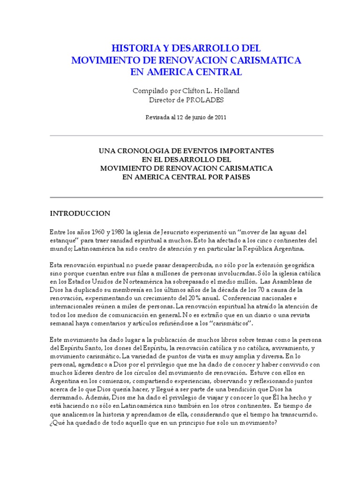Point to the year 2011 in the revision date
219,118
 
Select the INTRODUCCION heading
80,213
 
